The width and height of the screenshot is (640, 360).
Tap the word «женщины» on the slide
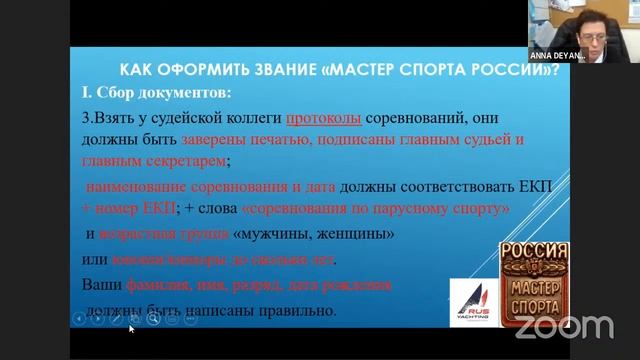click(356, 234)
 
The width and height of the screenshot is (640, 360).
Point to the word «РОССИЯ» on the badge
click(534, 252)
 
